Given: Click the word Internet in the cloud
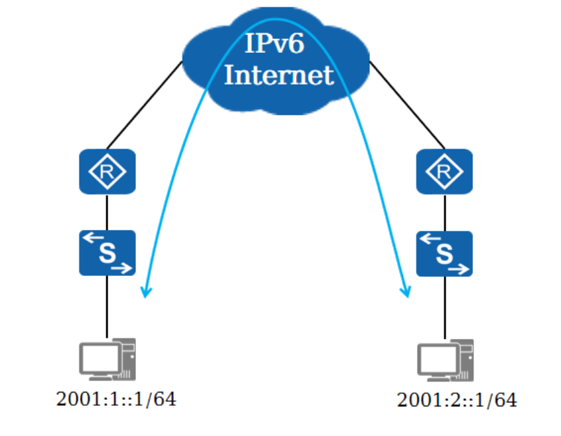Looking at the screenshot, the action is (278, 75).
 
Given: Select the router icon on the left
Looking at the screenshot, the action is (107, 172).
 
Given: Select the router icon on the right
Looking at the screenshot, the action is (444, 172).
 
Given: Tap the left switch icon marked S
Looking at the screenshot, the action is (107, 253).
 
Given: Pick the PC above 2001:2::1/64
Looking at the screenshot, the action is (445, 360).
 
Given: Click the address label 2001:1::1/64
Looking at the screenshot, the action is (117, 399).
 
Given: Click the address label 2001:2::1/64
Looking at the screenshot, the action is (457, 400).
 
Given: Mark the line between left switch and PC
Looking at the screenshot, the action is (107, 307).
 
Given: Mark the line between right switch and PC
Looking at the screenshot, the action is (444, 308).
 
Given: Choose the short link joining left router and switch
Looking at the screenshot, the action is (107, 212).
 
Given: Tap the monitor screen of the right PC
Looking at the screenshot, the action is (435, 357).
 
